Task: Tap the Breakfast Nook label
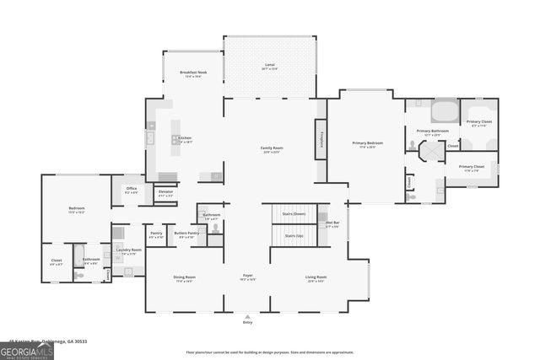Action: click(187, 73)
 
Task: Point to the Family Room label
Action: click(271, 149)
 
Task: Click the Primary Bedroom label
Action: click(367, 144)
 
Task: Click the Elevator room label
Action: click(165, 193)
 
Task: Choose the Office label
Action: click(131, 190)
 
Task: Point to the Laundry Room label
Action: click(129, 250)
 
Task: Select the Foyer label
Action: click(247, 277)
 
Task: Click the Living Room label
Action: click(316, 277)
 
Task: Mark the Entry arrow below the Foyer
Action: click(247, 315)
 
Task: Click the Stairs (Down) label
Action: click(294, 215)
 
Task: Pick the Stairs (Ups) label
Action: click(294, 237)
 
